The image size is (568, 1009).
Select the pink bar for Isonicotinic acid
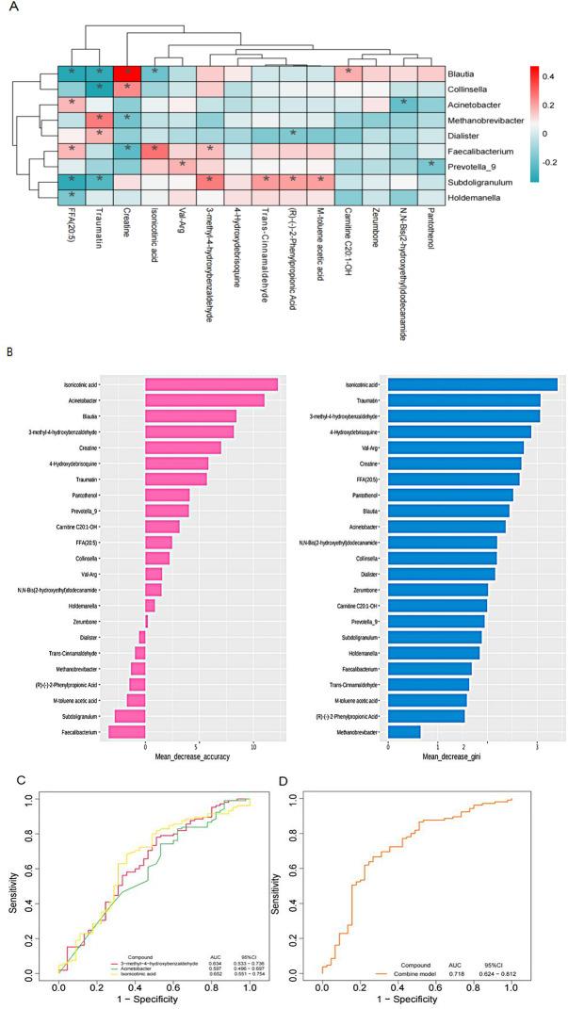tap(211, 358)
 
